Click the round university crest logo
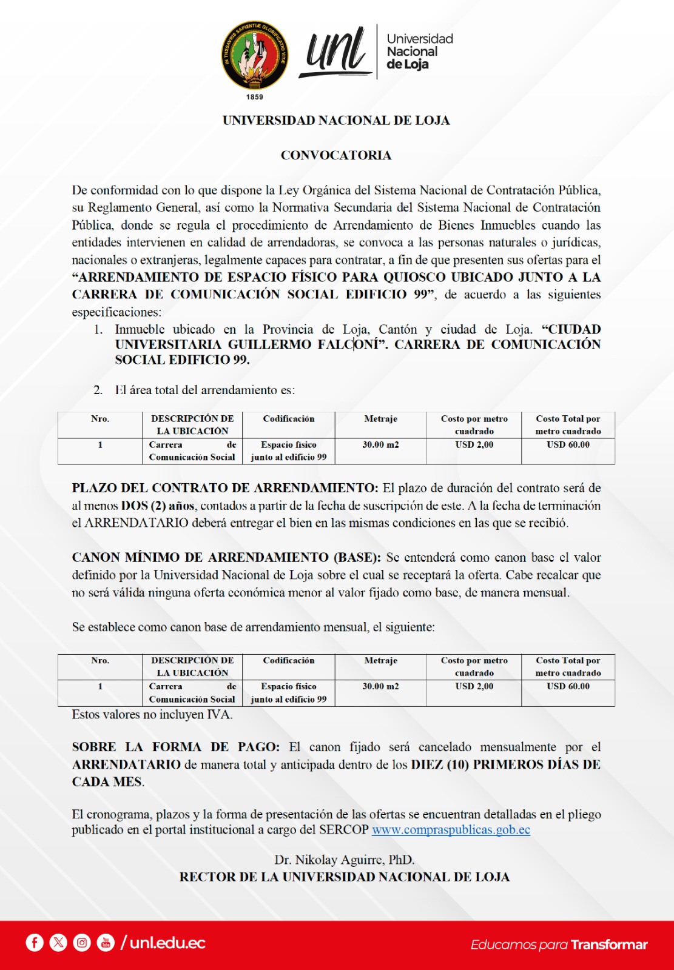pos(255,56)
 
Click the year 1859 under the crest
pos(255,97)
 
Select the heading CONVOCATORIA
pos(336,155)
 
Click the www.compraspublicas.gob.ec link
pos(451,830)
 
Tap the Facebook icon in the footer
pos(35,943)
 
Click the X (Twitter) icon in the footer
pos(58,943)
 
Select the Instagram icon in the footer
pos(82,943)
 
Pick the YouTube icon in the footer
pos(106,943)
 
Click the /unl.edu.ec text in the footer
pos(163,943)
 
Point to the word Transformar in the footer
pos(609,945)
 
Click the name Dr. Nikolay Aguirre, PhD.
pos(344,860)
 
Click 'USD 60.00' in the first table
pos(568,444)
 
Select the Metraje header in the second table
pos(380,660)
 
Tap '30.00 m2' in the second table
pos(380,686)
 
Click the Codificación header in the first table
pos(289,418)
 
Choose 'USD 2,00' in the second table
pos(474,686)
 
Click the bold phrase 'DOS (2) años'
pos(157,506)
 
